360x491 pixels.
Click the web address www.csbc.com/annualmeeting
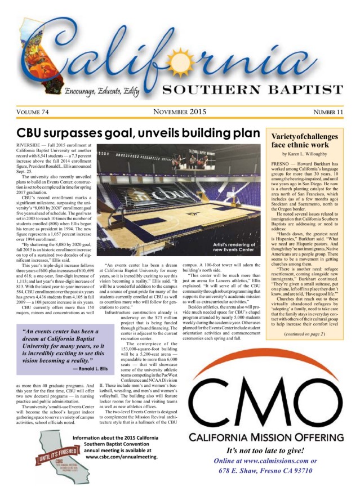[x=125, y=457]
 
